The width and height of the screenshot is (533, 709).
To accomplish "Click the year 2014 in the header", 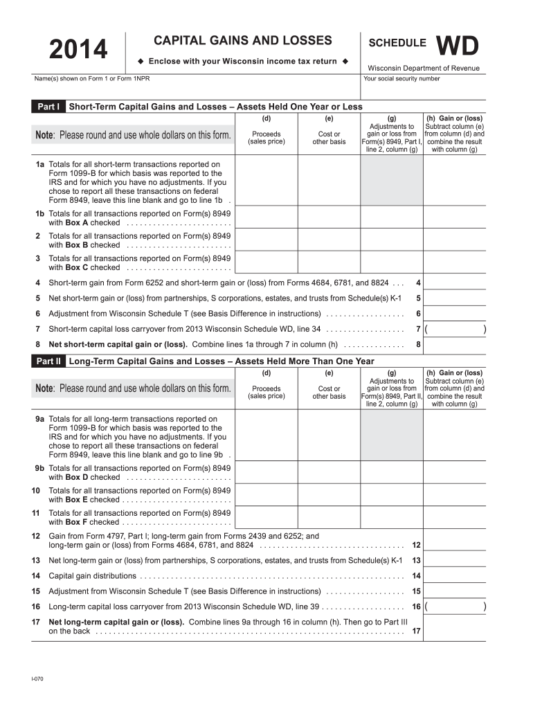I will (x=78, y=49).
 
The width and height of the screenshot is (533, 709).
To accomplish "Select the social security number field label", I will (x=401, y=79).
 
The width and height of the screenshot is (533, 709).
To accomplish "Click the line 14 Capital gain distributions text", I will (x=93, y=575).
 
